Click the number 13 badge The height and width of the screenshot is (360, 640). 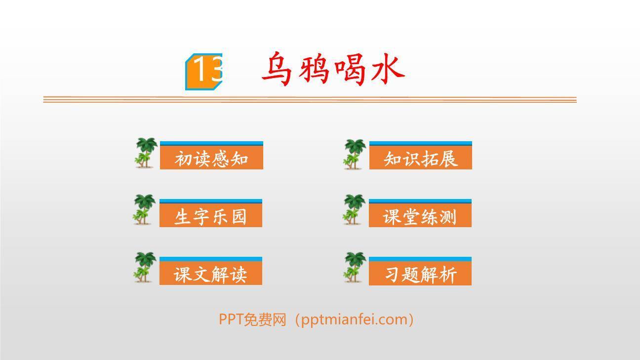[x=204, y=72]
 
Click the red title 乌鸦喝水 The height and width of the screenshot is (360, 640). [x=333, y=69]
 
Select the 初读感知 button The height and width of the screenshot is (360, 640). [x=211, y=159]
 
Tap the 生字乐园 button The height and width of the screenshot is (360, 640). [x=211, y=216]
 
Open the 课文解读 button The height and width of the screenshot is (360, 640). [x=211, y=274]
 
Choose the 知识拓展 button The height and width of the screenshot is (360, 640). [x=421, y=159]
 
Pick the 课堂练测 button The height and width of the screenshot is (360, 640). [x=420, y=216]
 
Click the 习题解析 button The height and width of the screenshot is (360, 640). [x=420, y=274]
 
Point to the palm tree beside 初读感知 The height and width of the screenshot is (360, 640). [x=146, y=153]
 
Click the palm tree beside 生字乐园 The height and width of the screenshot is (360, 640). [x=145, y=210]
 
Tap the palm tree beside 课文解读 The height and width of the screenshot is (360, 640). [x=145, y=267]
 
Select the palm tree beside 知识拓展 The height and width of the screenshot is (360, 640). [x=355, y=154]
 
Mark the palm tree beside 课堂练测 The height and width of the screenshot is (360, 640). [x=354, y=210]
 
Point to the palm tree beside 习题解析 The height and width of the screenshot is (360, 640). [x=354, y=267]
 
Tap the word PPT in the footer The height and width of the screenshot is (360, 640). [x=231, y=320]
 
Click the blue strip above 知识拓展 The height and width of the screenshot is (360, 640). [x=421, y=143]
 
